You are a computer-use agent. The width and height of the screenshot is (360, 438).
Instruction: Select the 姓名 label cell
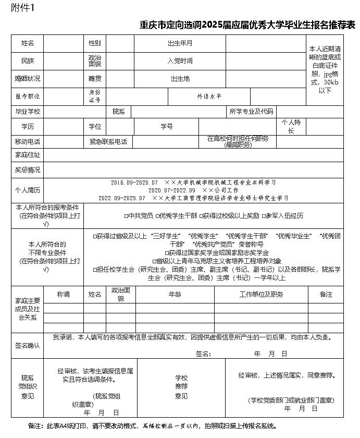(28, 43)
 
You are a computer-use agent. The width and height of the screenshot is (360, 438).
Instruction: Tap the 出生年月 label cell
(180, 43)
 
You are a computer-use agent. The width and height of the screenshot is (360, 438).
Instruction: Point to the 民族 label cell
(28, 60)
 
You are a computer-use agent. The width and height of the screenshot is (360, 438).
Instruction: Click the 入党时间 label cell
(180, 60)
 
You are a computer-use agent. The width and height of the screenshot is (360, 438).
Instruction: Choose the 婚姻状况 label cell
(28, 79)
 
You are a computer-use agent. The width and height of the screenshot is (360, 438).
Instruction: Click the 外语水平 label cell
(209, 96)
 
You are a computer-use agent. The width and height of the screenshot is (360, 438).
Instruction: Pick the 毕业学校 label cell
(28, 112)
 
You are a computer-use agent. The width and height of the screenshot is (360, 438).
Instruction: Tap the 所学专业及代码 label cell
(251, 112)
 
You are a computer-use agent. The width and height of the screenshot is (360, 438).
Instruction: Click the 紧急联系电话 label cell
(108, 141)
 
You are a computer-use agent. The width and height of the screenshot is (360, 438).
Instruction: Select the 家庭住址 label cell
(28, 155)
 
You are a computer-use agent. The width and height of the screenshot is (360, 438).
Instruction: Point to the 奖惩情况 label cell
(28, 170)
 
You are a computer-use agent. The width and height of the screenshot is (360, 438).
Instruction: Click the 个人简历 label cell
(28, 190)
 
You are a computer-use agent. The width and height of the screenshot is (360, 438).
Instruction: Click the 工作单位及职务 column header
(261, 295)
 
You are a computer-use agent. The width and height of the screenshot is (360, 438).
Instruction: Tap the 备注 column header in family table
(326, 295)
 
